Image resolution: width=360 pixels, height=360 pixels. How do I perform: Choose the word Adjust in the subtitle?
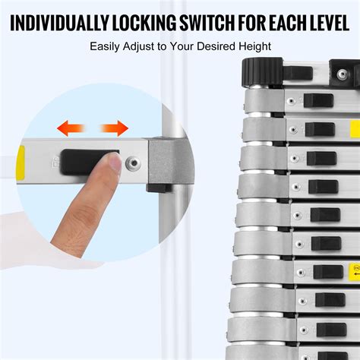[148, 46]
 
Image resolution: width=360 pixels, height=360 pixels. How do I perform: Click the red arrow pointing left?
[73, 128]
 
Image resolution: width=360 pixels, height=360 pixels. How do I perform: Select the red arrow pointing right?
[115, 128]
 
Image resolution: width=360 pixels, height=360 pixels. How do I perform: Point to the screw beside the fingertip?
[133, 162]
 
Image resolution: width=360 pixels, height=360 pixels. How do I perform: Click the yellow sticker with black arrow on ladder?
[354, 270]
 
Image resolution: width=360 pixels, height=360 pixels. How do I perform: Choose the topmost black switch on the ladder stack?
[317, 100]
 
